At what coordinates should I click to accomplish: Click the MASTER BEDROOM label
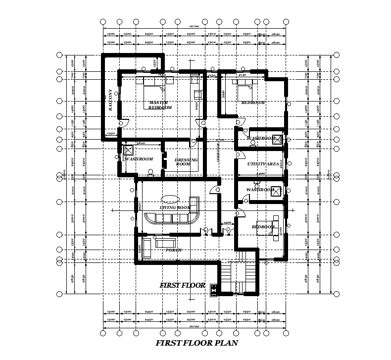tap(160, 105)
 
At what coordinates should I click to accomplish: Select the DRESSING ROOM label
tap(186, 161)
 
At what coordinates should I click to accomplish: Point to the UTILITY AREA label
tap(263, 163)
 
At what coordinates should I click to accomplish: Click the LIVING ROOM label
tap(175, 207)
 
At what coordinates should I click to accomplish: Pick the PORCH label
tap(173, 250)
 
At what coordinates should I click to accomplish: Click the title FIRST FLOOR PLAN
tap(197, 343)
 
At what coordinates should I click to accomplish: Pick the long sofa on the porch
tap(165, 243)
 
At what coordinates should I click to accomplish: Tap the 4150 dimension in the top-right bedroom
tap(243, 75)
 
